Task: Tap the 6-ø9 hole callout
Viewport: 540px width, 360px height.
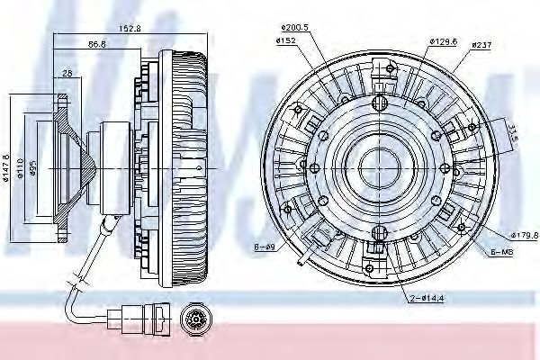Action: tap(264, 246)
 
